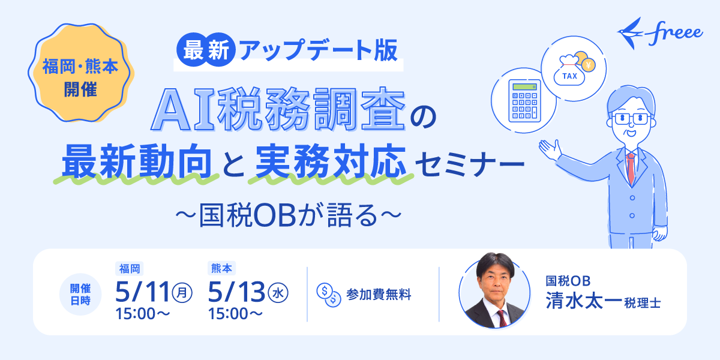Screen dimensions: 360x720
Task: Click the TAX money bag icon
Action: (570, 70)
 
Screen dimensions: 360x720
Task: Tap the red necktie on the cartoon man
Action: (631, 167)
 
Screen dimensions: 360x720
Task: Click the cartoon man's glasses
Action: (629, 118)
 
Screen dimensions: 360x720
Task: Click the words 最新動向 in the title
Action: (134, 161)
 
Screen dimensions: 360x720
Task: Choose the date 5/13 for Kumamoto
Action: (237, 293)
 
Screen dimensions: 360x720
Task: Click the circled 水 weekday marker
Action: (278, 293)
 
